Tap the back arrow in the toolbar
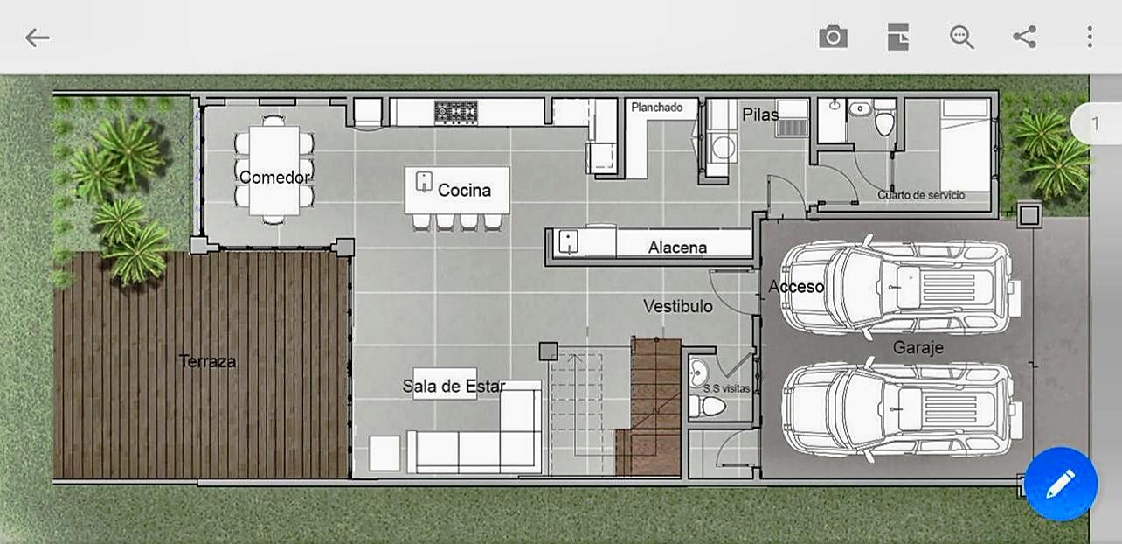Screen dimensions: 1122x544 [38, 38]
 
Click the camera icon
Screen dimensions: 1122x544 [833, 37]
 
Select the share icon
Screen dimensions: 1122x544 [1024, 37]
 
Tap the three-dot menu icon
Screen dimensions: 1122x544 [1090, 37]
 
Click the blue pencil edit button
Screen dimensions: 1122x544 [1060, 484]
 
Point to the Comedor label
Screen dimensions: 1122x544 [275, 177]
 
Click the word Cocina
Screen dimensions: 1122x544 [464, 191]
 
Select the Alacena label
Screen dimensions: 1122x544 [677, 248]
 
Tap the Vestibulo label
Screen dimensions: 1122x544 [678, 306]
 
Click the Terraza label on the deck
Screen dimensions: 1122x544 [207, 361]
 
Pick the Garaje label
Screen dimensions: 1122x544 [918, 347]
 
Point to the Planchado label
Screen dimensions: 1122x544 [656, 108]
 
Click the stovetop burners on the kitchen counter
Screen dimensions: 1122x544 [456, 112]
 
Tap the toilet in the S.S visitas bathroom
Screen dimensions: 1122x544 [707, 406]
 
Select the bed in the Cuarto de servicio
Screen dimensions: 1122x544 [966, 145]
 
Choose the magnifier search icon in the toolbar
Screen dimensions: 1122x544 [962, 37]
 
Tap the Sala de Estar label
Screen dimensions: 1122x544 [454, 386]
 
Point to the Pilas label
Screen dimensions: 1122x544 [760, 115]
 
